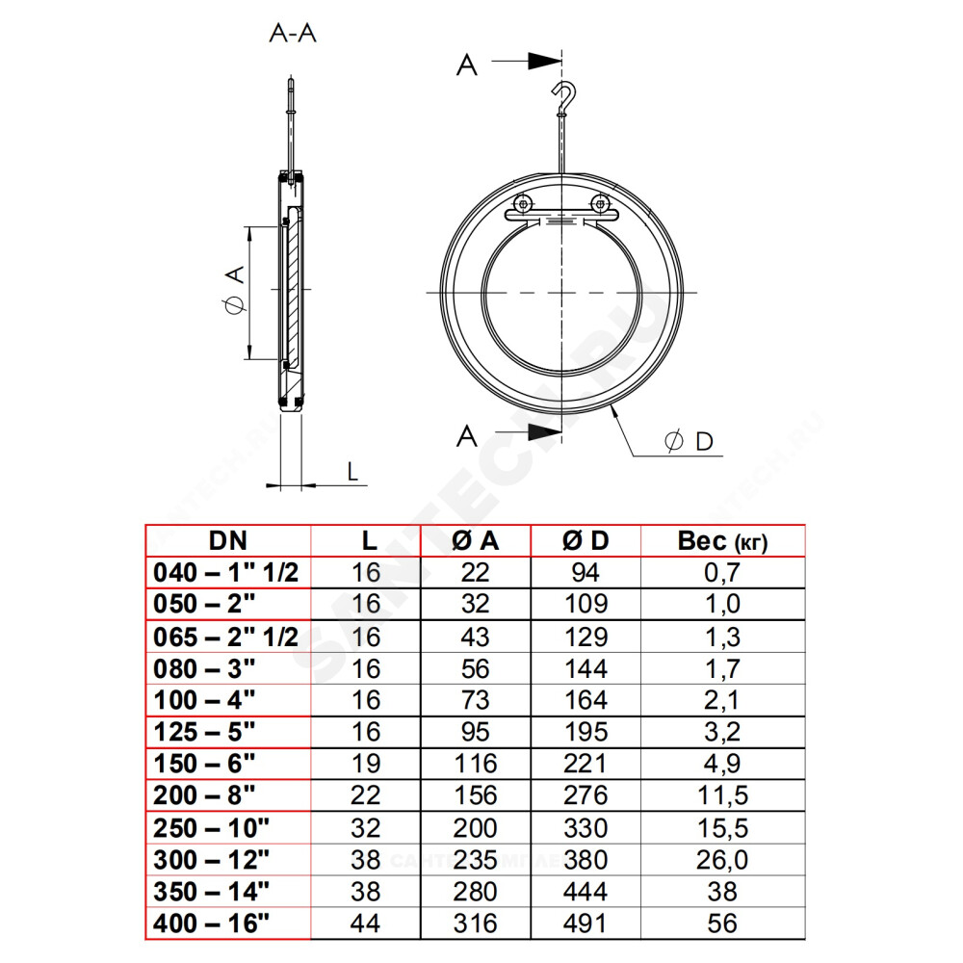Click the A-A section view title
pos(293,33)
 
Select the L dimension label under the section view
pos(351,472)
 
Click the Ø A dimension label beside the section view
pos(235,291)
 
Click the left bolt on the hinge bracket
pos(523,203)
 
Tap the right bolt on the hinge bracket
pos(600,202)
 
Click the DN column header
pos(228,541)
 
